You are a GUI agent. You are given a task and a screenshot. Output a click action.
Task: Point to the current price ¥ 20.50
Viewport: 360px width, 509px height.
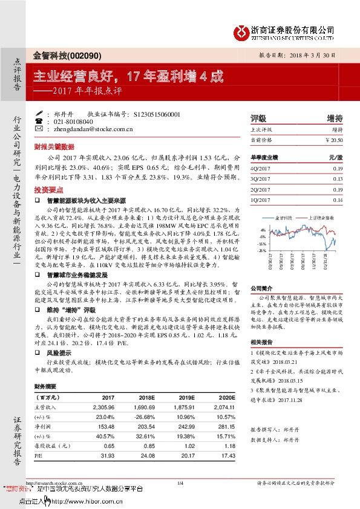click(333, 140)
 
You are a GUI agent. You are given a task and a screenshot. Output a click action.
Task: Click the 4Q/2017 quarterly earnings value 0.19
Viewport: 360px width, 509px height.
click(338, 167)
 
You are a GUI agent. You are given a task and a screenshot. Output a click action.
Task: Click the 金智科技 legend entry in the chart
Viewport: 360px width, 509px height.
click(284, 217)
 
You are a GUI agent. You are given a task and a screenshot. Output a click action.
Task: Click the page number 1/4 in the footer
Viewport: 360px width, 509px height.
click(180, 482)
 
